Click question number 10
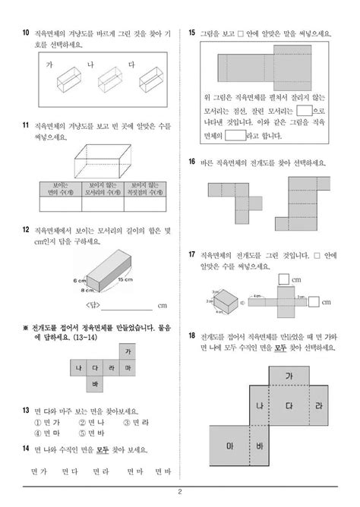click(26, 33)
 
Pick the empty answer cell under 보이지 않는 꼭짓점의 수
click(144, 203)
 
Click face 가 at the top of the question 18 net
click(289, 376)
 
